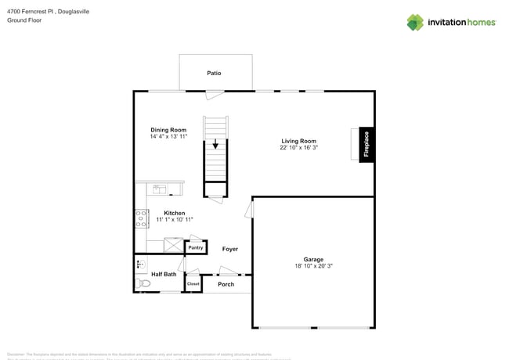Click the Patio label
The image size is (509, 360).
pos(214,73)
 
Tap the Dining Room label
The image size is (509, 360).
pos(168,129)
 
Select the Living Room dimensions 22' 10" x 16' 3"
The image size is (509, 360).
pos(298,147)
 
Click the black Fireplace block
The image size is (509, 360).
pos(366,145)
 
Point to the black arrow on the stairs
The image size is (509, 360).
pos(215,145)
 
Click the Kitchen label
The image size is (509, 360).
pos(174,213)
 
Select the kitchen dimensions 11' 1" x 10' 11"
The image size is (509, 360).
pos(174,220)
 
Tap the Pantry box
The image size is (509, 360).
pos(195,248)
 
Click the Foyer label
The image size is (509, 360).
pos(229,249)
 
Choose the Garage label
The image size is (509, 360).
pos(313,259)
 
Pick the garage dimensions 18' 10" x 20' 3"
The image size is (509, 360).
pos(313,266)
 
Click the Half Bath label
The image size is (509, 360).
pos(163,274)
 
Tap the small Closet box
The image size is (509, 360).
pos(193,283)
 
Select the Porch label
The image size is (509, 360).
pos(226,284)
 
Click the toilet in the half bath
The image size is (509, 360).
pos(143,283)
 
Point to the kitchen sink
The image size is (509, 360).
pos(159,189)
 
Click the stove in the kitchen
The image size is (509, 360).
pos(142,218)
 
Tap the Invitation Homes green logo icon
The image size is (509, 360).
pos(415,22)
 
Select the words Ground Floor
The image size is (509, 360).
pos(24,20)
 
